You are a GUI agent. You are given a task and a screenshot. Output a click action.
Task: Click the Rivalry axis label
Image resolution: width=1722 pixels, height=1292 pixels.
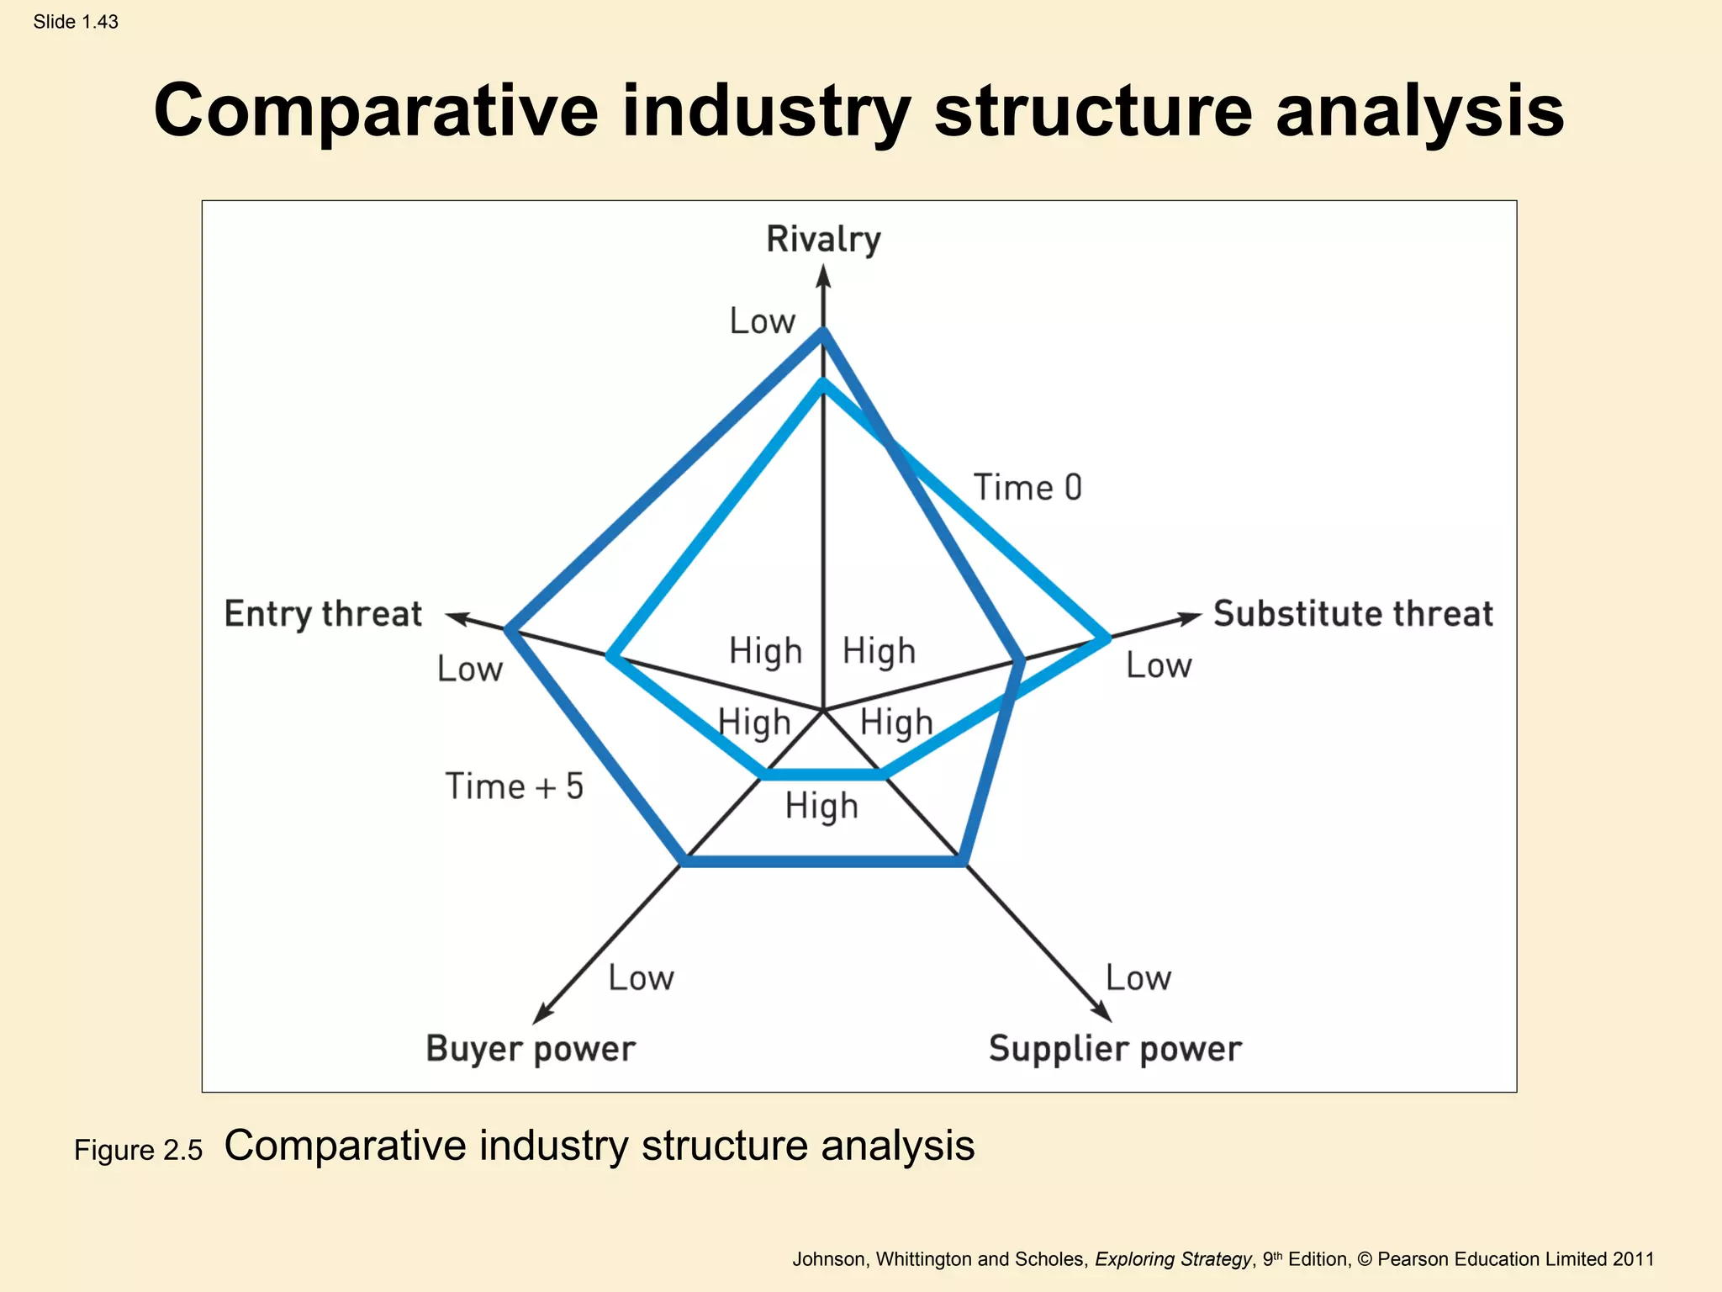823,240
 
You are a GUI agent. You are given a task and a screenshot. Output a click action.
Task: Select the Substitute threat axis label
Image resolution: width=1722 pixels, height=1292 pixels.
1353,614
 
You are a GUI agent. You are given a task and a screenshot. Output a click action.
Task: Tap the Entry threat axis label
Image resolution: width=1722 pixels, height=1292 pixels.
323,614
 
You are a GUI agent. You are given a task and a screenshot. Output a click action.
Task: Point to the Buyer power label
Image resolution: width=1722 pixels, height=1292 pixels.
531,1049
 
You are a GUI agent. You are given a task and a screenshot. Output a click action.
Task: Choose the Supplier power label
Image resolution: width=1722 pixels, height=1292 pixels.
1115,1049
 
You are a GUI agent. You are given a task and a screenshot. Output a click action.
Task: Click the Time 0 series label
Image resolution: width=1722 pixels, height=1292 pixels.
1027,488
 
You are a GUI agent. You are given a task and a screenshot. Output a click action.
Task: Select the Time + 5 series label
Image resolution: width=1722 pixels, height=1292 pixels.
514,786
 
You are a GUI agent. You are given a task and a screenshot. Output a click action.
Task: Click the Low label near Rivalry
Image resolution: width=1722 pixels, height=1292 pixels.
762,321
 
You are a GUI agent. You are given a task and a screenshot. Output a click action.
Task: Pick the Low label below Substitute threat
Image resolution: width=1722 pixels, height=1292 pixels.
1159,666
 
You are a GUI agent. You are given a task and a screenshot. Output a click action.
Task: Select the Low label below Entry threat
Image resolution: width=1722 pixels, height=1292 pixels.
469,670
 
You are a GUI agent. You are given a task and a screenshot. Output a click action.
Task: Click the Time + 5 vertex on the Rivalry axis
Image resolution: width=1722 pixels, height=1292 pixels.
823,333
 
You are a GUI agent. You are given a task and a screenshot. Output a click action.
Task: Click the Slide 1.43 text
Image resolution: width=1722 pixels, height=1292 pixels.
76,22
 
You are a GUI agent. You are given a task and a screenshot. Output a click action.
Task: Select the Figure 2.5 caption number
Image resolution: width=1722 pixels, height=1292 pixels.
138,1150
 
